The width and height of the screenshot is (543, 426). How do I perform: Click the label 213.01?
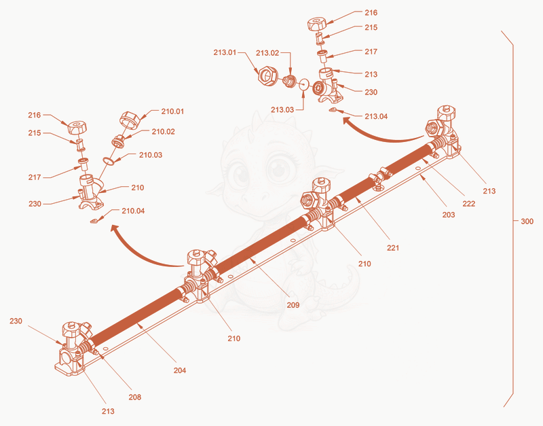point(225,53)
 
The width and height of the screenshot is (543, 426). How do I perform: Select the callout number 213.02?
point(267,53)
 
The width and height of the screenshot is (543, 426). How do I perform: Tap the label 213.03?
point(282,110)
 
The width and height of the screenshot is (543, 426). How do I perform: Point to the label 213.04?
point(376,116)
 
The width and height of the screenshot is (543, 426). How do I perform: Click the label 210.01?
point(172,111)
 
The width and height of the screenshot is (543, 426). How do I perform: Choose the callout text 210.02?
point(163,132)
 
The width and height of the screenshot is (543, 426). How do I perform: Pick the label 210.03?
point(151,155)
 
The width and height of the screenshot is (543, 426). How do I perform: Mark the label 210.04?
point(133,211)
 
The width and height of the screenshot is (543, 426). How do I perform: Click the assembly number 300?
point(527,221)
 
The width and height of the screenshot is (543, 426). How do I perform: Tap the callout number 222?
point(469,204)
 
